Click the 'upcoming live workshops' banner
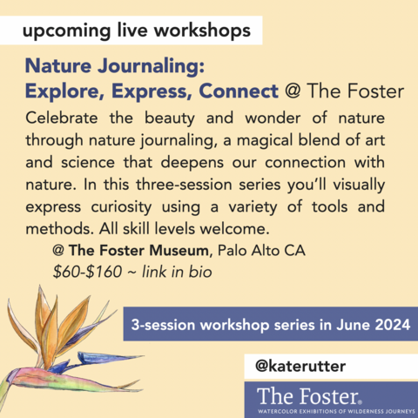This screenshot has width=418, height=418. pyautogui.click(x=138, y=32)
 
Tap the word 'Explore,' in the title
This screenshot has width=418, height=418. pyautogui.click(x=64, y=91)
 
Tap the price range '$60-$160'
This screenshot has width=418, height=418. pyautogui.click(x=88, y=271)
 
